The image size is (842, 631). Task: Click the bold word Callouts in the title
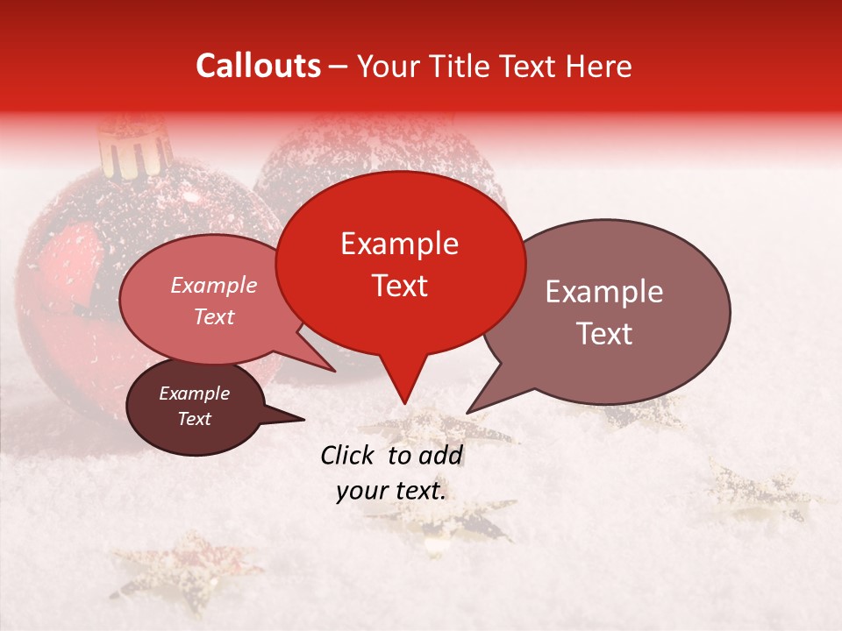click(258, 66)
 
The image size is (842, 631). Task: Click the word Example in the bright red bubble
click(399, 244)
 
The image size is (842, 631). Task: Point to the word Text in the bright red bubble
click(399, 286)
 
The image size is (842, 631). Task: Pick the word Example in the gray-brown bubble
click(604, 292)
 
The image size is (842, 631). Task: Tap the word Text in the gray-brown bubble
click(604, 334)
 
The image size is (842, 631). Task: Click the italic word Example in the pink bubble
click(213, 286)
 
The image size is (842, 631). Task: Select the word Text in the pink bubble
click(213, 316)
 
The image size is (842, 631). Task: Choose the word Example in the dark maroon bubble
click(194, 393)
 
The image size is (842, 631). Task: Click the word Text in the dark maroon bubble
click(194, 419)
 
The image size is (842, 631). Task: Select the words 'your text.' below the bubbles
click(391, 491)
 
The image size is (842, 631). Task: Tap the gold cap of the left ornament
click(134, 148)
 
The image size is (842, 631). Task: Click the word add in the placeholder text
click(441, 455)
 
